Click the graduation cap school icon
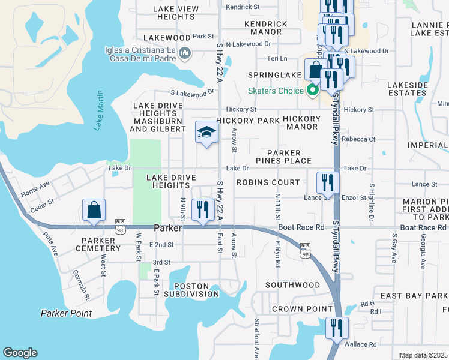(206, 133)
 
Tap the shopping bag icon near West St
(94, 211)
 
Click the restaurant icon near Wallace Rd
(336, 329)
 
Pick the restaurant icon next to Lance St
(328, 183)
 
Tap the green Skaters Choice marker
(312, 91)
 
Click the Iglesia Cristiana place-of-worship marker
(185, 54)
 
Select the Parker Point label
(66, 313)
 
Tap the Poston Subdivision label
(196, 290)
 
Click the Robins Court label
(268, 182)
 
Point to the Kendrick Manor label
(266, 28)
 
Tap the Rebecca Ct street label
(358, 139)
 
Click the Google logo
(20, 353)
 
